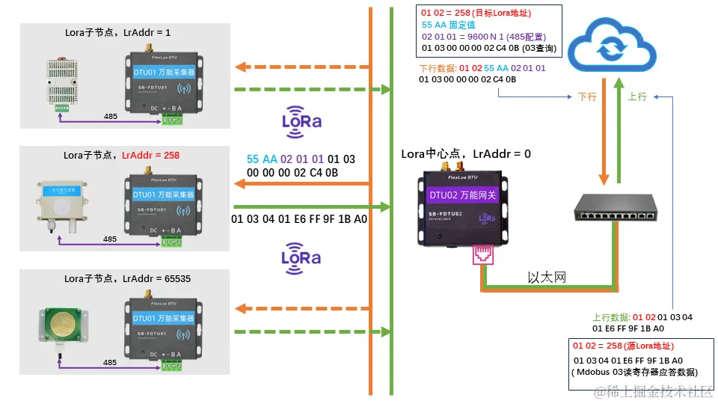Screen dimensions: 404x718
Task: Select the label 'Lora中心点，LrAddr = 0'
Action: [466, 154]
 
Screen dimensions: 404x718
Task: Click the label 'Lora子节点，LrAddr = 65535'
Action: [127, 278]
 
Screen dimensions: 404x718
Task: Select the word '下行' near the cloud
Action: [587, 97]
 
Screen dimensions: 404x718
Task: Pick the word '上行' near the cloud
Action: [637, 97]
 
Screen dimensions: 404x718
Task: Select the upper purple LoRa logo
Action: [301, 121]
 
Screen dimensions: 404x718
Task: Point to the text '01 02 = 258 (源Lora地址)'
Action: [623, 346]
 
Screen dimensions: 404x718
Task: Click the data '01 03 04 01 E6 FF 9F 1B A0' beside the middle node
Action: [299, 219]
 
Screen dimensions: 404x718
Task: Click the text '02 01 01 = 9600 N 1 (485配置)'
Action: [483, 36]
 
